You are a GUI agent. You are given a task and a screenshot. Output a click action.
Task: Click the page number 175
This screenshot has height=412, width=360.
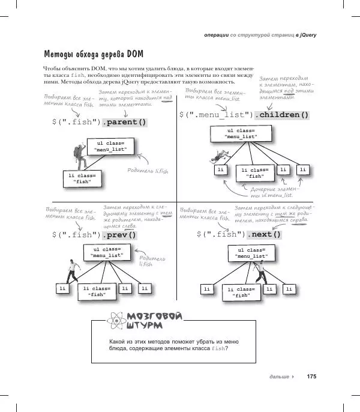click(311, 377)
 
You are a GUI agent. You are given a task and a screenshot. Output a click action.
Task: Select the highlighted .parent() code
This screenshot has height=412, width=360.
click(125, 122)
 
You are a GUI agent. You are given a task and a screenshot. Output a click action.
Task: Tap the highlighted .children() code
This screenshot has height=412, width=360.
click(281, 115)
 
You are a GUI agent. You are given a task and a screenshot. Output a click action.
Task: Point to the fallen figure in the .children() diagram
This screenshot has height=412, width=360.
click(213, 159)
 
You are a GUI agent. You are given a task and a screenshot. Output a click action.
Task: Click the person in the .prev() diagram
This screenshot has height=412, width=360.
click(71, 271)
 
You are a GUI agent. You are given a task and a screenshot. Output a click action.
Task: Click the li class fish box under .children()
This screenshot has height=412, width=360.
click(256, 173)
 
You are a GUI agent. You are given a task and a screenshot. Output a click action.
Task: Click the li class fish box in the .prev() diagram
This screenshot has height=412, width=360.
click(96, 292)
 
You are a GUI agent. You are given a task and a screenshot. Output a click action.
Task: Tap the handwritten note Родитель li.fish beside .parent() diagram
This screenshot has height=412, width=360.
click(148, 171)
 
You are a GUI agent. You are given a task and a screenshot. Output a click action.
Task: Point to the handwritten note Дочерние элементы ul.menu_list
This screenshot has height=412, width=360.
click(274, 192)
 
